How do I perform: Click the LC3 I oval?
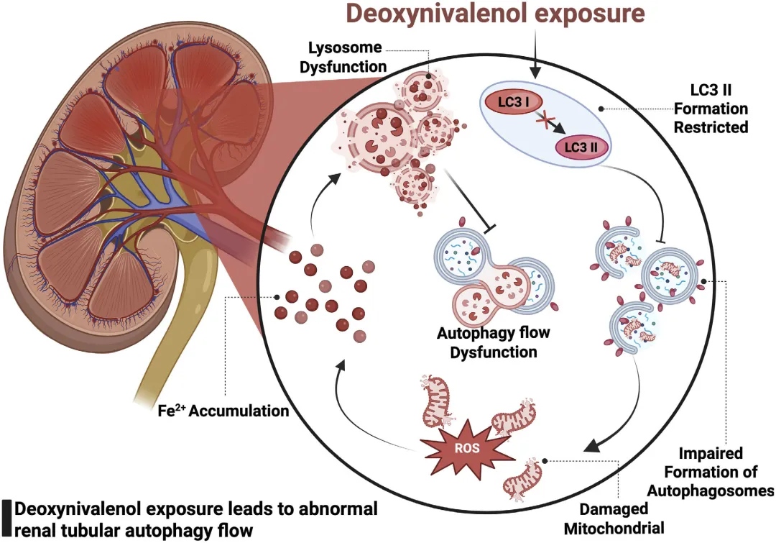tap(513, 102)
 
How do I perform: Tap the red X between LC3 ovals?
tap(545, 121)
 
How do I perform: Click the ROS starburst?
tap(466, 448)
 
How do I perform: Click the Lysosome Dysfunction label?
tap(343, 57)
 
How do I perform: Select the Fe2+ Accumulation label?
tap(223, 411)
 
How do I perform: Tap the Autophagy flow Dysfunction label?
tap(494, 342)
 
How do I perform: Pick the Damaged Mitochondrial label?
tap(614, 519)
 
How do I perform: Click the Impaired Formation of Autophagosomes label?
tap(711, 472)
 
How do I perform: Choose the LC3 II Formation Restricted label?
tap(711, 109)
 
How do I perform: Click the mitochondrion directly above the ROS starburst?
tap(436, 401)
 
